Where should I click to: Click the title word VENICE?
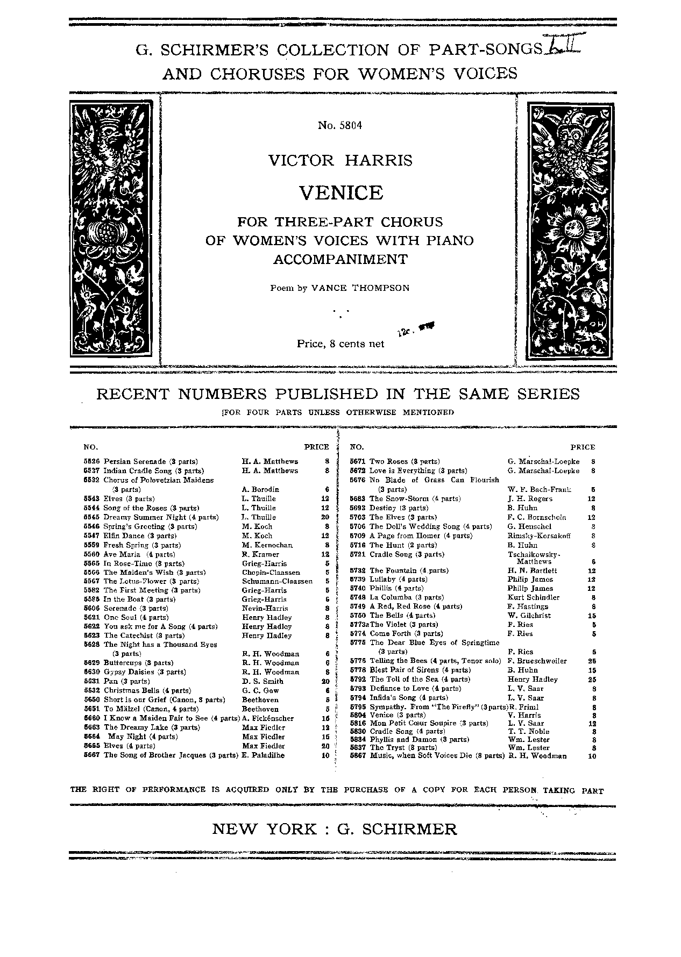(340, 192)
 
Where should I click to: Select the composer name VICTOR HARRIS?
(340, 160)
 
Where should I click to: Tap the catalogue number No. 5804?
(340, 126)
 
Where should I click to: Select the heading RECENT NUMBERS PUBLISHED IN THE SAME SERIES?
(338, 394)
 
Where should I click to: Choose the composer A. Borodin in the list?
(260, 489)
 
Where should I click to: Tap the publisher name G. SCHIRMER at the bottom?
(397, 829)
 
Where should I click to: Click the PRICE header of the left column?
(316, 447)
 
